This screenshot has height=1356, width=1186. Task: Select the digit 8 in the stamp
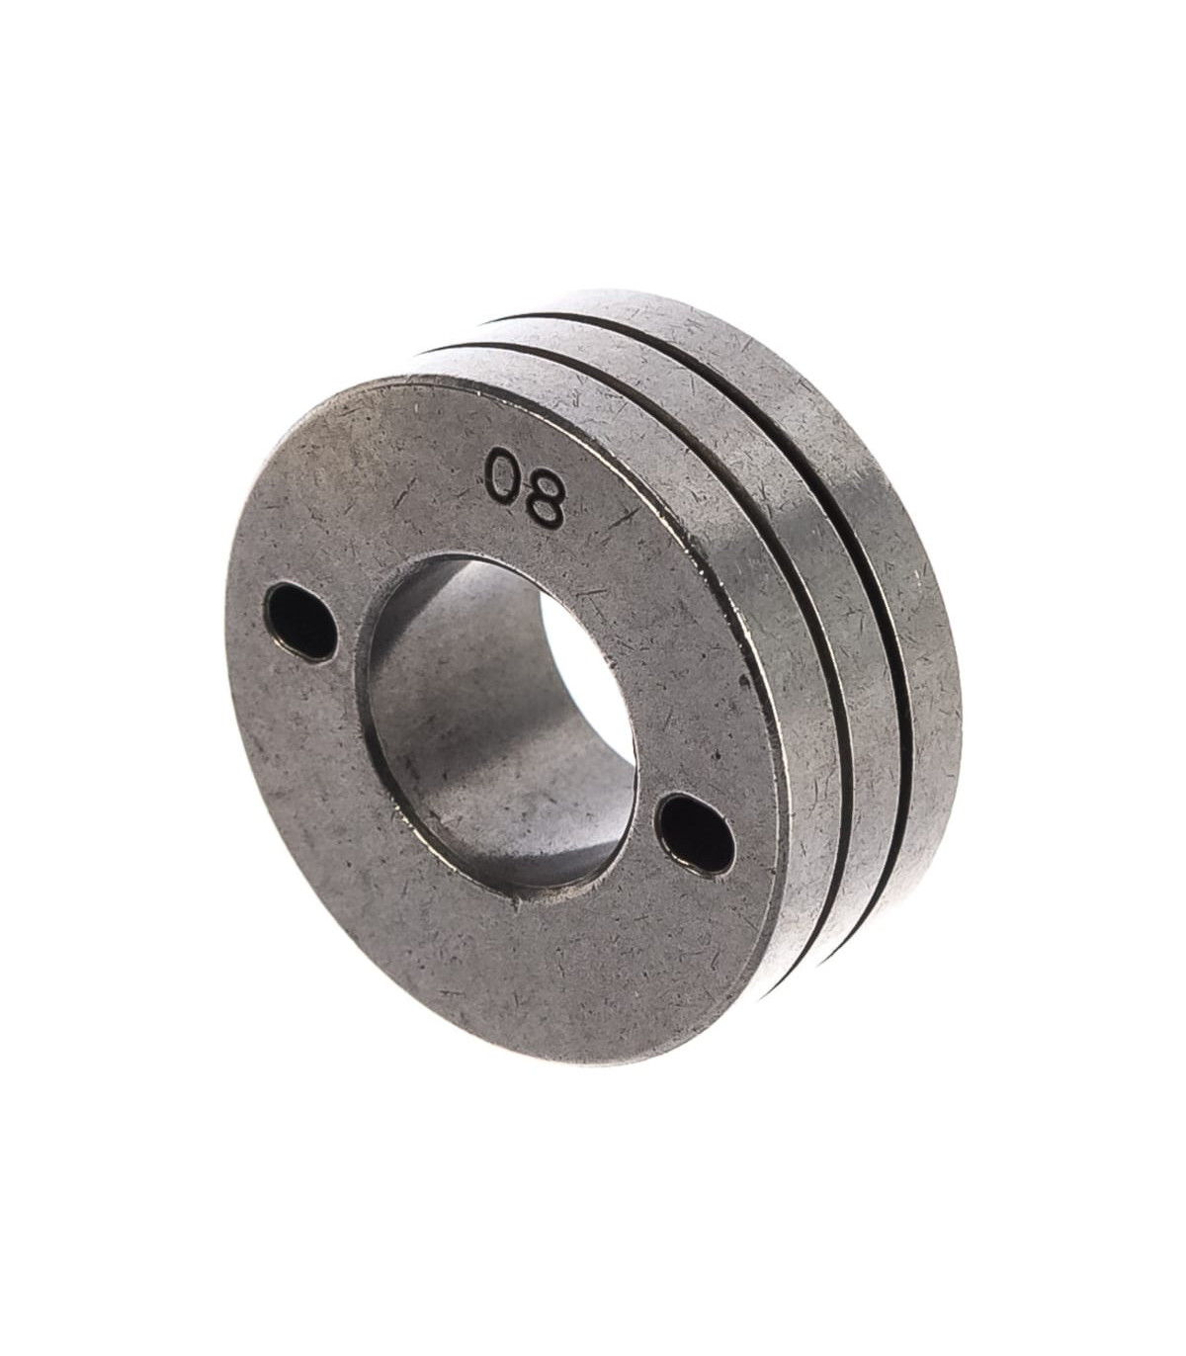point(545,507)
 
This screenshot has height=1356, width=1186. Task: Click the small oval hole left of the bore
point(298,623)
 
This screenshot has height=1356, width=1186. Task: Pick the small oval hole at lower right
point(697,832)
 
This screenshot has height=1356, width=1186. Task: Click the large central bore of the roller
point(497,725)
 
